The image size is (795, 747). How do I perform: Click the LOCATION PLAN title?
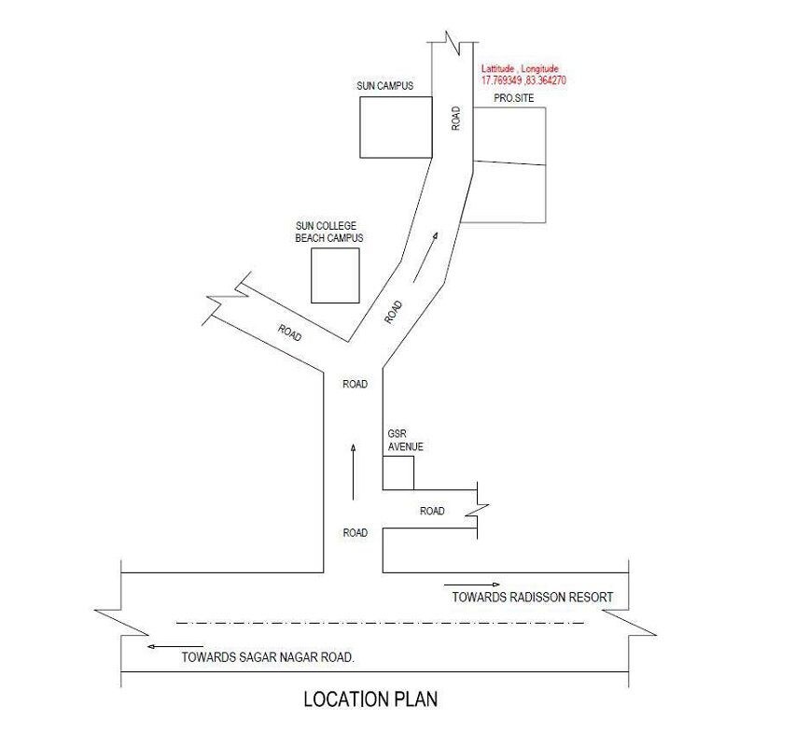[x=370, y=699]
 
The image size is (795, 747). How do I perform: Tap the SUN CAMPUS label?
[x=384, y=86]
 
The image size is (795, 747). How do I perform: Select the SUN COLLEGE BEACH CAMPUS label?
[x=329, y=232]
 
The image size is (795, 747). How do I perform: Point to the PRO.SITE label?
[x=513, y=98]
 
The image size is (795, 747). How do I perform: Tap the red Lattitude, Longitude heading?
[x=520, y=68]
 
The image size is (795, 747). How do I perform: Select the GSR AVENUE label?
[x=405, y=440]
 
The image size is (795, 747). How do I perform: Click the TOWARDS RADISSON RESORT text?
[x=533, y=598]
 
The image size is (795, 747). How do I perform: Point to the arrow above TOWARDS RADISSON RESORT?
[x=472, y=585]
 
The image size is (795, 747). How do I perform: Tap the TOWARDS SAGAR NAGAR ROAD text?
[x=268, y=657]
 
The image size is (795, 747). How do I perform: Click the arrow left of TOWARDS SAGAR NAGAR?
[x=174, y=646]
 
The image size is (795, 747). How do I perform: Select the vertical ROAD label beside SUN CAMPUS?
[x=455, y=119]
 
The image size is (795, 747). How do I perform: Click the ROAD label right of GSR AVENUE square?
[x=432, y=511]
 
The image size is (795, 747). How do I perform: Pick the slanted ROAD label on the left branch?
[x=289, y=333]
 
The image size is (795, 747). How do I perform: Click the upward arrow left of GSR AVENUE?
[x=354, y=472]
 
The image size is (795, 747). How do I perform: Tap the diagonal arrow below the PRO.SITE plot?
[x=425, y=258]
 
